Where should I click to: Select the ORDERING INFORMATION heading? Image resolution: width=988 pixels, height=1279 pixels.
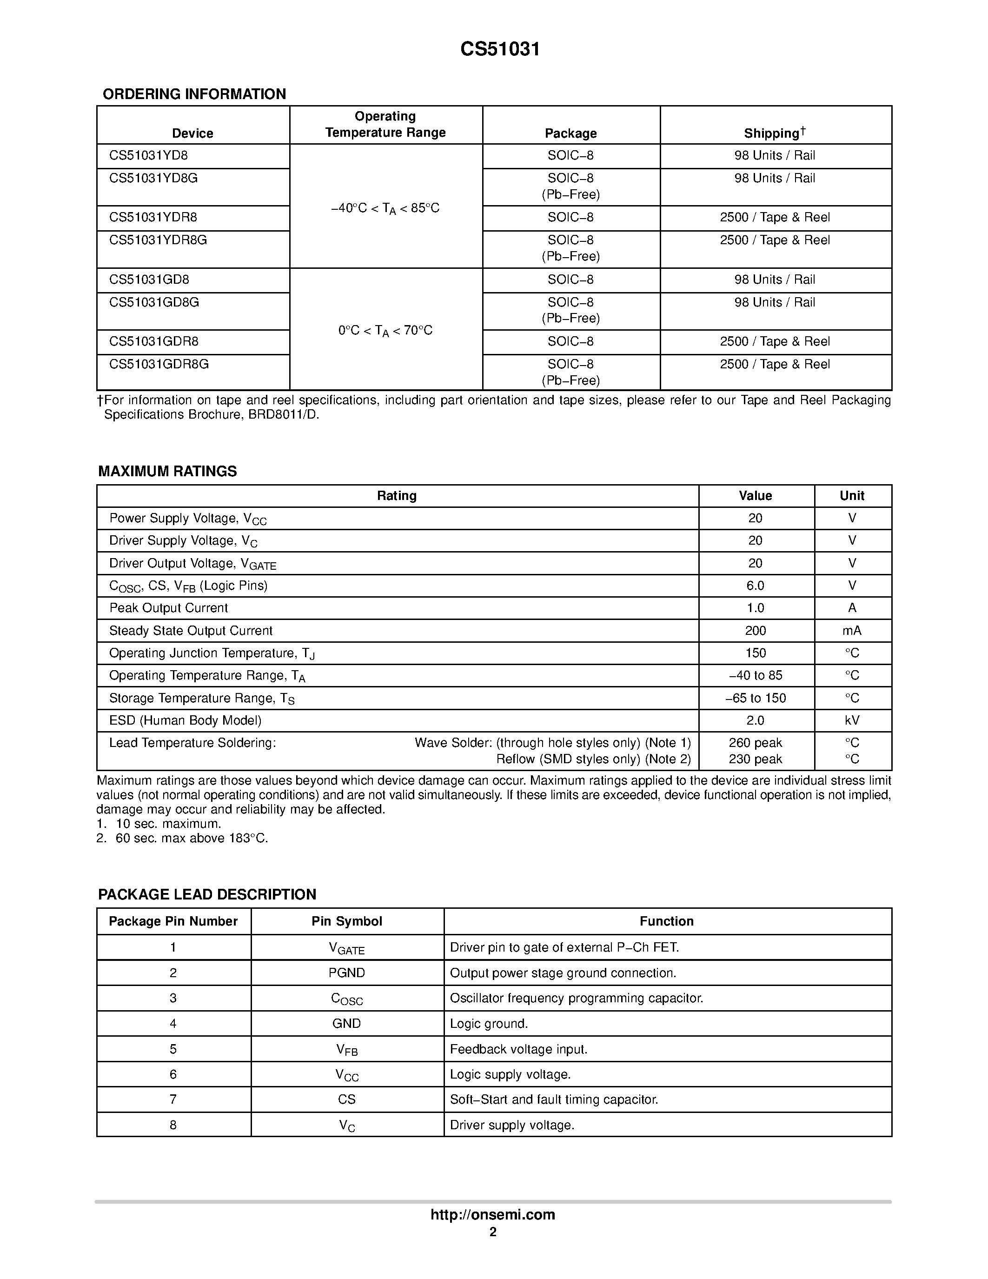pos(194,94)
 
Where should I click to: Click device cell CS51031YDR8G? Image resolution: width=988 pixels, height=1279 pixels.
pos(158,240)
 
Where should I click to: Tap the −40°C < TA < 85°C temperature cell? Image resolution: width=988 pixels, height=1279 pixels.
pos(385,208)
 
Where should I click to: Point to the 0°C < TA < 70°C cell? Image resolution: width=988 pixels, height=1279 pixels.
pos(385,331)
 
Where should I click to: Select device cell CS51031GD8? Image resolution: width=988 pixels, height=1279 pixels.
pos(149,280)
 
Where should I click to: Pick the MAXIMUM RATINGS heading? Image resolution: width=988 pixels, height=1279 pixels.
pos(167,472)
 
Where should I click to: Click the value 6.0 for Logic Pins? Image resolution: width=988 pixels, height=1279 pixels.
pos(755,586)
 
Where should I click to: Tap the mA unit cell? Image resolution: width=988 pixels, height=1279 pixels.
pos(852,631)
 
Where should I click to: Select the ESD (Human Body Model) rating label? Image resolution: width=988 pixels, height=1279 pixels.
pos(185,720)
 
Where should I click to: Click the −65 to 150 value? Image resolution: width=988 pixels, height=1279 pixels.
pos(755,698)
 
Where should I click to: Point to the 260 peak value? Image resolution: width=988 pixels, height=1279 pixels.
pos(755,743)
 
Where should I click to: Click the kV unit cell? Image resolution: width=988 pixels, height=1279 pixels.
pos(852,720)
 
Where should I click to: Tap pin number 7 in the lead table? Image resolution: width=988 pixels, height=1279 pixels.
pos(173,1099)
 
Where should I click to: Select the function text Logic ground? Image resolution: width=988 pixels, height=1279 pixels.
pos(489,1024)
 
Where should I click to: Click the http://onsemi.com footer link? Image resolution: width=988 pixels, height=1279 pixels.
pos(493,1214)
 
